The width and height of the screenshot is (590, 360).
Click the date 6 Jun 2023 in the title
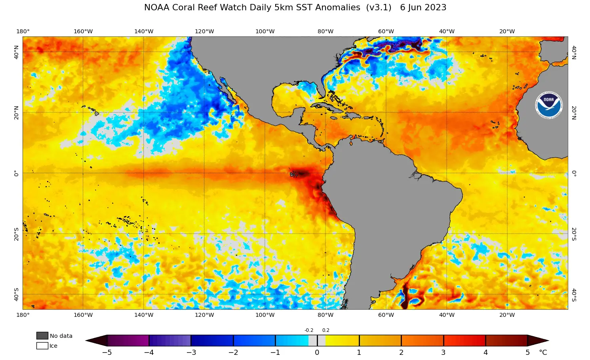point(423,8)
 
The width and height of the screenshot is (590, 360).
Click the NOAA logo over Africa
point(548,105)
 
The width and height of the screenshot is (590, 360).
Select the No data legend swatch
point(42,335)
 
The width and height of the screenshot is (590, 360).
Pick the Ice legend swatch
point(42,346)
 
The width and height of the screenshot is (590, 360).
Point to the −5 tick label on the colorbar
point(107,352)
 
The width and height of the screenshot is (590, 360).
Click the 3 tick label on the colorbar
point(443,352)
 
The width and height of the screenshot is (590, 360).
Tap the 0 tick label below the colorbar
point(317,352)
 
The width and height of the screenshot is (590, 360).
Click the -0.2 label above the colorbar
point(309,330)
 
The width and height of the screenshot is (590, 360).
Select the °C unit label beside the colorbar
point(543,352)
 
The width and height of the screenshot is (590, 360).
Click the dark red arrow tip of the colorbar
point(539,341)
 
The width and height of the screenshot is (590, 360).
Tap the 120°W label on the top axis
point(204,31)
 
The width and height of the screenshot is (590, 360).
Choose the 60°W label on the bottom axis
point(386,315)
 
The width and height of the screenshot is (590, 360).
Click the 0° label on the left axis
point(16,173)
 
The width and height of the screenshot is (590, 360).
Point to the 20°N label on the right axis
point(574,112)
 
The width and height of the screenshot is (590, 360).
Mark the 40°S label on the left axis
point(16,294)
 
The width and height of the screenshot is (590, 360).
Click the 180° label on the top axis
point(23,31)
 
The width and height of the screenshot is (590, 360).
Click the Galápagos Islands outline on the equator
point(293,174)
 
